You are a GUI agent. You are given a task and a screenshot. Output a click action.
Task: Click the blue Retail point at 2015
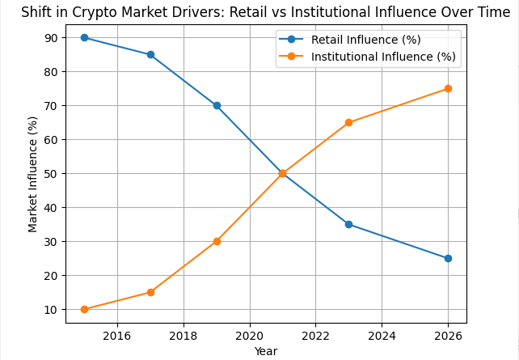tap(84, 38)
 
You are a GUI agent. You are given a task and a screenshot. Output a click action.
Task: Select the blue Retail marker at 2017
tap(150, 55)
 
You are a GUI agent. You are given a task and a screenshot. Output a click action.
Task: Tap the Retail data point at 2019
tap(217, 105)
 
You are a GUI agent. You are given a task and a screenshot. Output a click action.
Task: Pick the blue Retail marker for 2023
tap(348, 224)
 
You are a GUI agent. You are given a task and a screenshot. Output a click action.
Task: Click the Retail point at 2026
tap(448, 258)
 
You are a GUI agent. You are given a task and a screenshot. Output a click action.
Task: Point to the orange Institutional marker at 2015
tap(84, 309)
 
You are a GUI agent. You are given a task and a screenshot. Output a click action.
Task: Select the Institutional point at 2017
tap(150, 292)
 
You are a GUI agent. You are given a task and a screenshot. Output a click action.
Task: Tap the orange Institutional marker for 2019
tap(217, 241)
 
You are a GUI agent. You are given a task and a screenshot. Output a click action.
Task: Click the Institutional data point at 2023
tap(348, 123)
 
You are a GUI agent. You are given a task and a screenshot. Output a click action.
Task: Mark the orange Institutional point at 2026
tap(448, 89)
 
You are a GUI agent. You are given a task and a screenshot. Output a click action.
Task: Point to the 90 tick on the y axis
tap(51, 38)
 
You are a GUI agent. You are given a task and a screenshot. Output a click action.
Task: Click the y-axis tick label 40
tap(51, 208)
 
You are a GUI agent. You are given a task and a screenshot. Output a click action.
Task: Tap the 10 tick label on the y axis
tap(51, 310)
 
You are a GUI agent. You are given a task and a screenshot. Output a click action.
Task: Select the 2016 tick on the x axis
tap(117, 336)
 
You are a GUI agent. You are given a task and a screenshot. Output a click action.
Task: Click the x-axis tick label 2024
tap(382, 336)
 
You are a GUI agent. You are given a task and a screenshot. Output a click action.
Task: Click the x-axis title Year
tap(266, 351)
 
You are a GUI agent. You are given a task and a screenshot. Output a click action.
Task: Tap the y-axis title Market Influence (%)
tap(33, 174)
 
